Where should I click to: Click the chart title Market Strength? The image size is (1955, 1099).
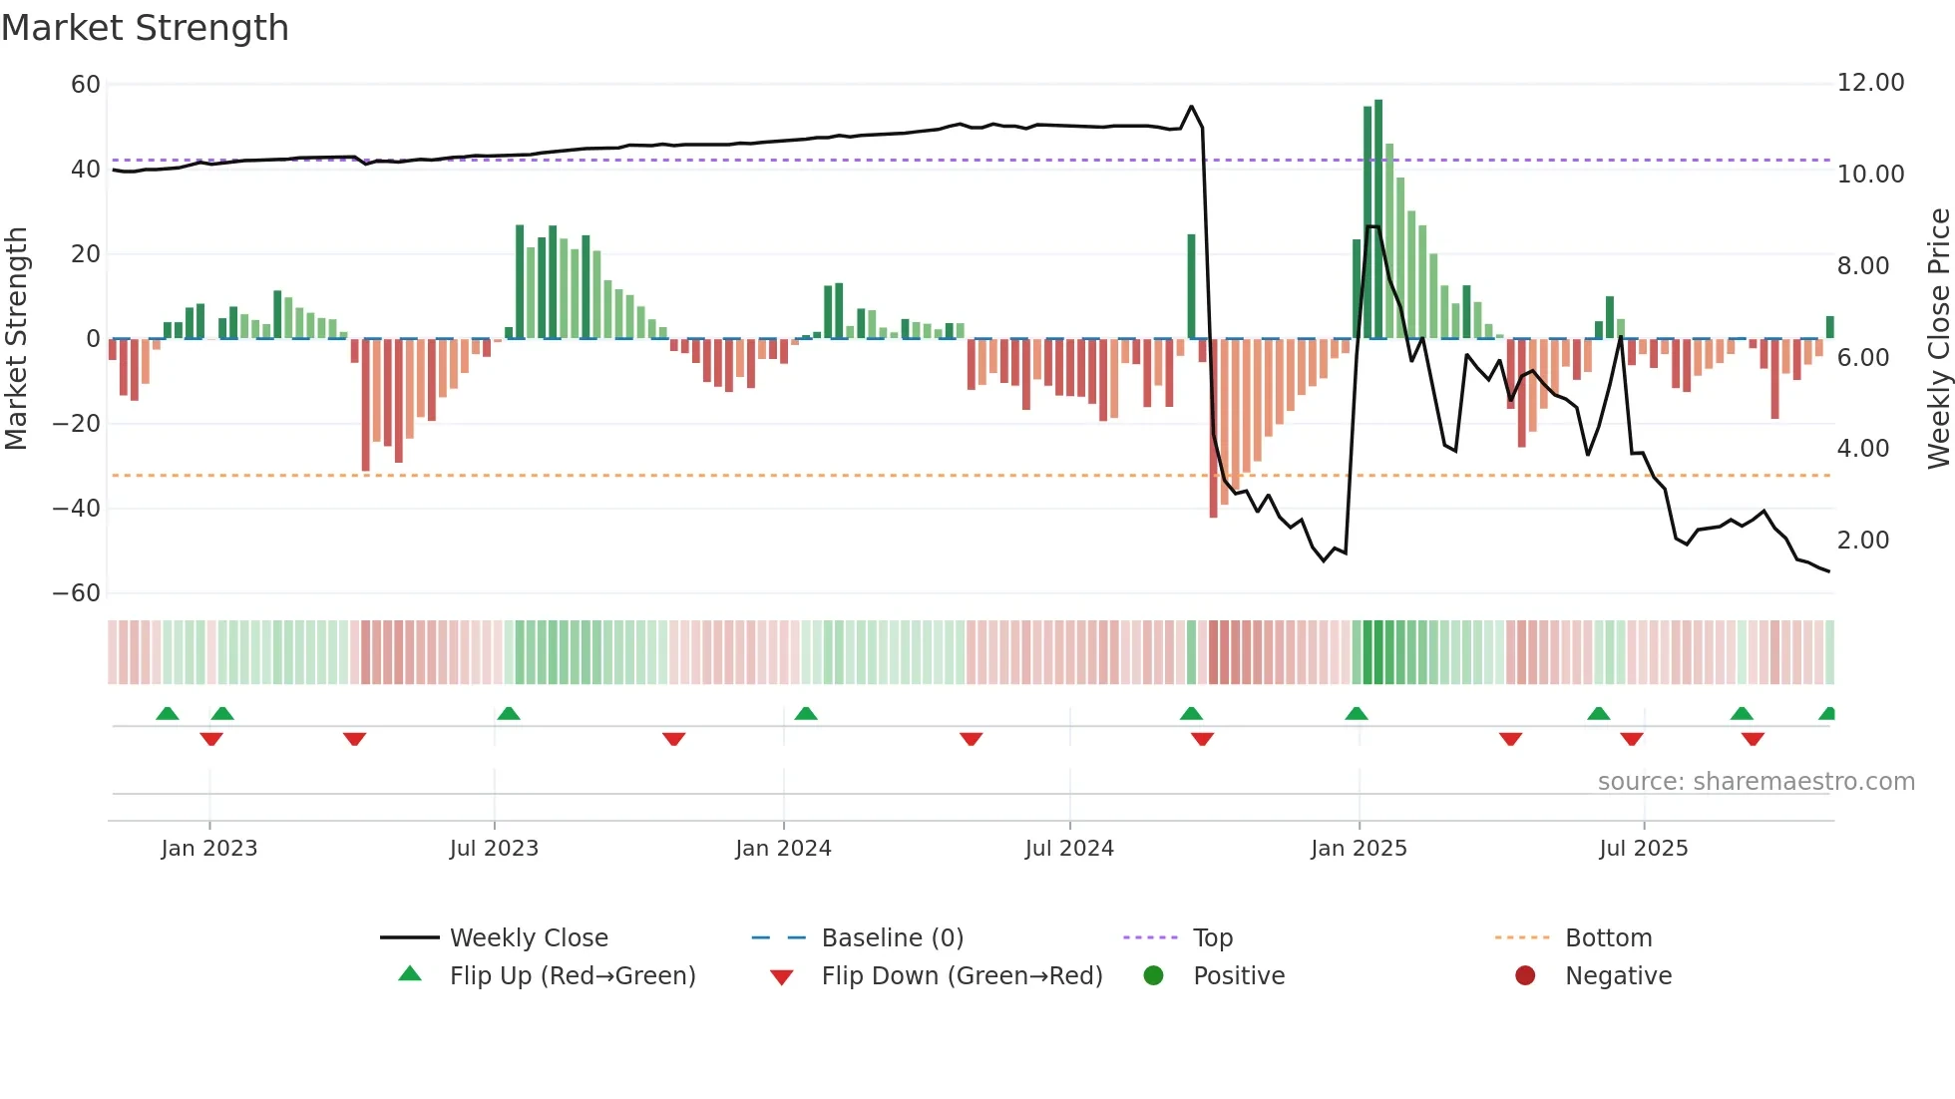point(145,28)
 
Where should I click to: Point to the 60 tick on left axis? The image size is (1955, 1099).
point(86,85)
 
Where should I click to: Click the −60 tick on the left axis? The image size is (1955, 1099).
point(77,593)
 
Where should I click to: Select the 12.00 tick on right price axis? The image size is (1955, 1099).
point(1870,83)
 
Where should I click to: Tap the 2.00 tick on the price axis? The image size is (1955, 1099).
point(1863,541)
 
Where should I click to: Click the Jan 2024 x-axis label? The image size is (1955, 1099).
point(783,849)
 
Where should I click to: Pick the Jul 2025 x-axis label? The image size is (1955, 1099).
point(1643,849)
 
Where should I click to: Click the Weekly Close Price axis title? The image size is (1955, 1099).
point(1938,339)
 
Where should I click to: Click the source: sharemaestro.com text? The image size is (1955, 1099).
point(1756,782)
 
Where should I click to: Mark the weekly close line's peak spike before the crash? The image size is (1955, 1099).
point(1191,107)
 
